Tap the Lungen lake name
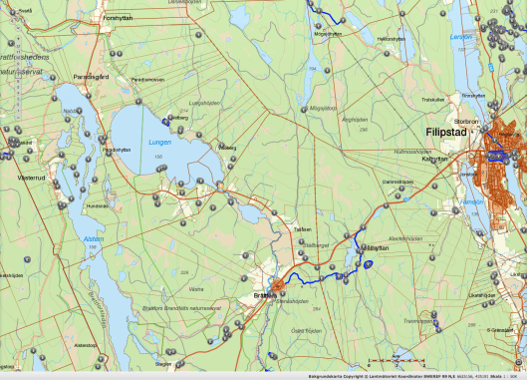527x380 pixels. click(133, 142)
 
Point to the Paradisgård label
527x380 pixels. click(90, 76)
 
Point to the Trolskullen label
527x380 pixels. click(432, 99)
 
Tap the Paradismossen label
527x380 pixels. click(145, 79)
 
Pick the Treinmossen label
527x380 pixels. click(417, 321)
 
